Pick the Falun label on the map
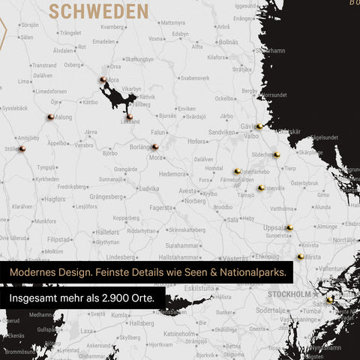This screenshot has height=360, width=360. (157, 131)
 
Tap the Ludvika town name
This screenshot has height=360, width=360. (147, 188)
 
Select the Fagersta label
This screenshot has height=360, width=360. (160, 207)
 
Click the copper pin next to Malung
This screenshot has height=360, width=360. (50, 117)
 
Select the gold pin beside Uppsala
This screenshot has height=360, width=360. (289, 227)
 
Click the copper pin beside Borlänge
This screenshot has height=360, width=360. (154, 147)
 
